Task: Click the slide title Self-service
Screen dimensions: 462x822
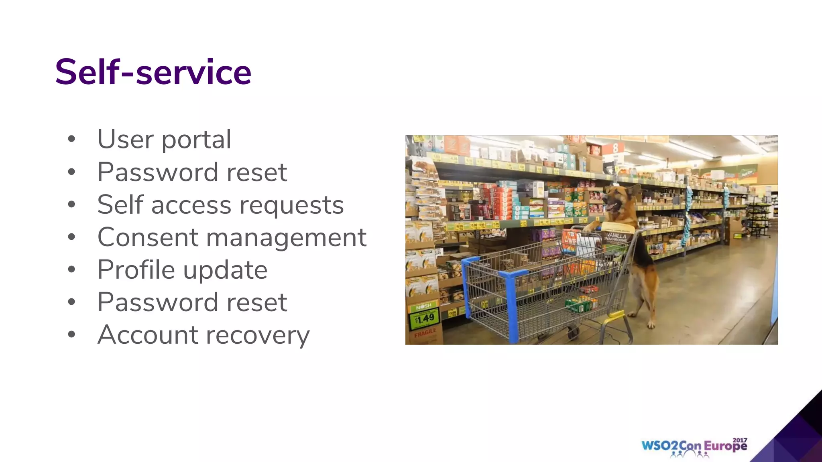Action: [x=153, y=72]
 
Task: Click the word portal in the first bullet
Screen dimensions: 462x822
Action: [x=196, y=140]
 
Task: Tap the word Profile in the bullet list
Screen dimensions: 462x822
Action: [x=136, y=269]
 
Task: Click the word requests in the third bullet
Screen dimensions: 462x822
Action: [x=291, y=205]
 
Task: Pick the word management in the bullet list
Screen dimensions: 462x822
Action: [x=286, y=238]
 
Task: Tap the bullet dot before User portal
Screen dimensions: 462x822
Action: [x=71, y=139]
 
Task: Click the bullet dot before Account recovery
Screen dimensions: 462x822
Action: [x=71, y=334]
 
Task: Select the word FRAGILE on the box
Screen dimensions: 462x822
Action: [x=425, y=332]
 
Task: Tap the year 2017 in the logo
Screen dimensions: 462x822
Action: [x=740, y=440]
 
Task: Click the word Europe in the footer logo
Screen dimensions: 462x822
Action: [x=725, y=446]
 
